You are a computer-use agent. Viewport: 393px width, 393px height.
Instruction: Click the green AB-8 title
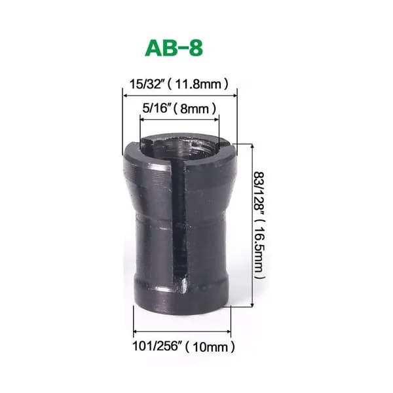tap(174, 48)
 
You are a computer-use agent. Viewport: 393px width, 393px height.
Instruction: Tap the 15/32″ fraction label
tap(147, 84)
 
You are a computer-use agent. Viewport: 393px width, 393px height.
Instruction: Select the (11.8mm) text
tap(198, 84)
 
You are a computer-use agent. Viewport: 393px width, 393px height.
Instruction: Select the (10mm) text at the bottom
tap(210, 347)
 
